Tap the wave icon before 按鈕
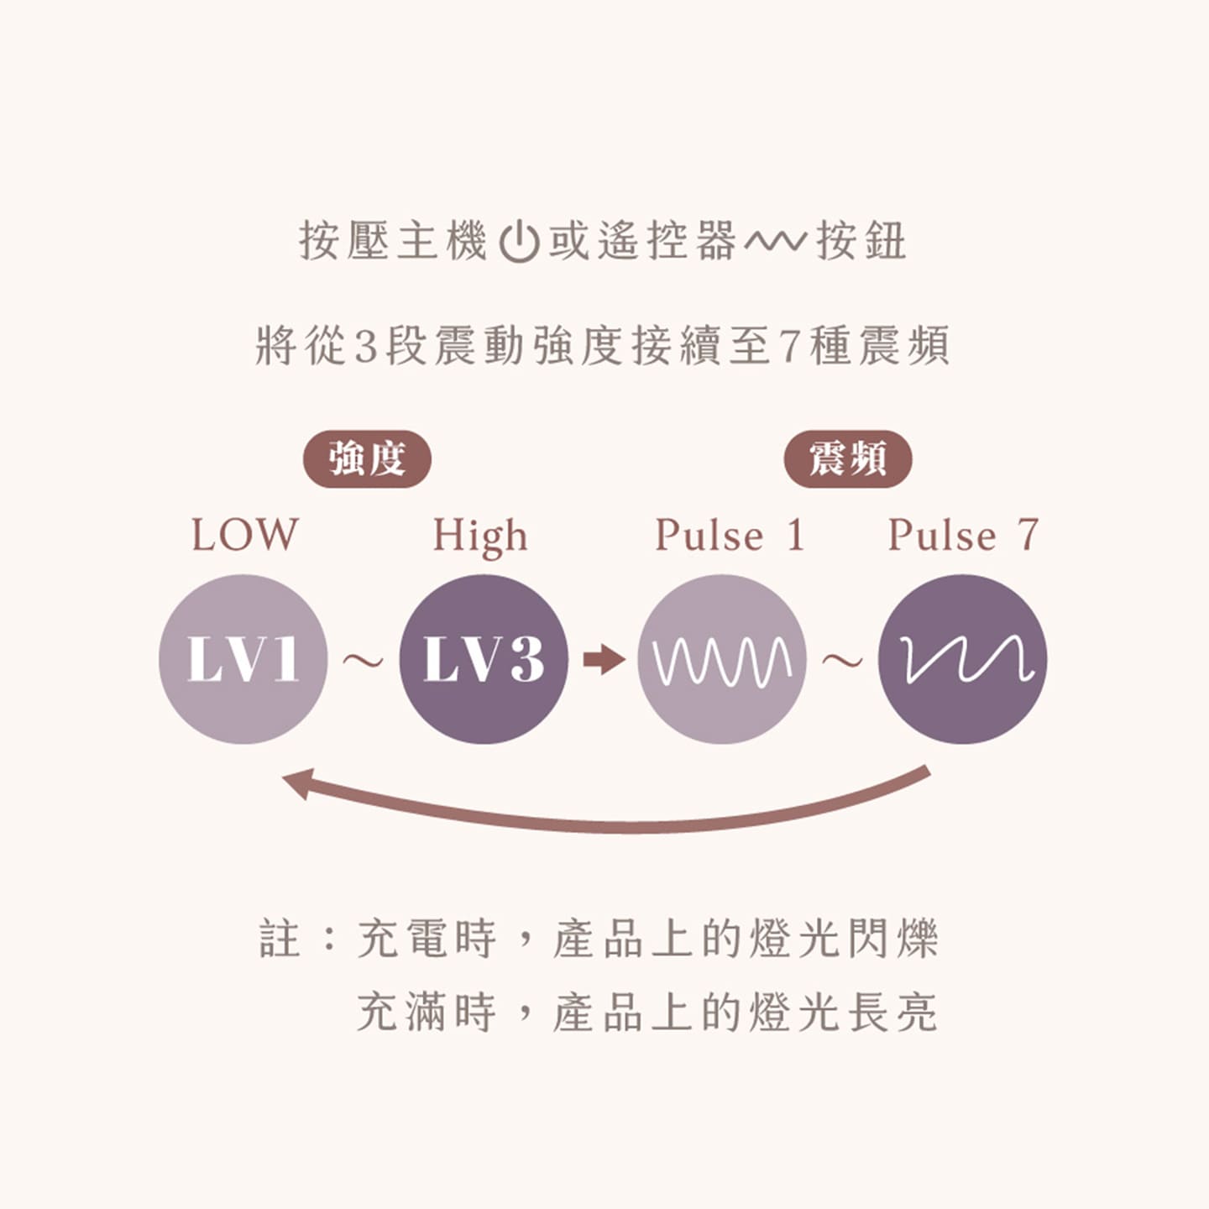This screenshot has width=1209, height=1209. (776, 242)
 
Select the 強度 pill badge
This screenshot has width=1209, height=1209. (367, 458)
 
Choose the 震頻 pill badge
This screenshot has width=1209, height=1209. (848, 458)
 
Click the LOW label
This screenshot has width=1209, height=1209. (244, 535)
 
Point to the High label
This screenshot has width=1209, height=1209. (480, 537)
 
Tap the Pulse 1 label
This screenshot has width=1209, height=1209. (730, 535)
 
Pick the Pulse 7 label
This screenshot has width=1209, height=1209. (964, 535)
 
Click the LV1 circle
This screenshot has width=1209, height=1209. (243, 659)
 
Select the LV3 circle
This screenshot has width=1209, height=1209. (484, 659)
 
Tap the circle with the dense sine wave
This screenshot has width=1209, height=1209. (723, 659)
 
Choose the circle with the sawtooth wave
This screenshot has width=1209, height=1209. (962, 659)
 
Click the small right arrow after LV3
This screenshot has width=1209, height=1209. (604, 659)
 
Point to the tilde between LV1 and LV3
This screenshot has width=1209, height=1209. (364, 661)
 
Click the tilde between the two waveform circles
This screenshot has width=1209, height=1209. (843, 661)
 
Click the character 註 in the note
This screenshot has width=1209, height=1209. (280, 939)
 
